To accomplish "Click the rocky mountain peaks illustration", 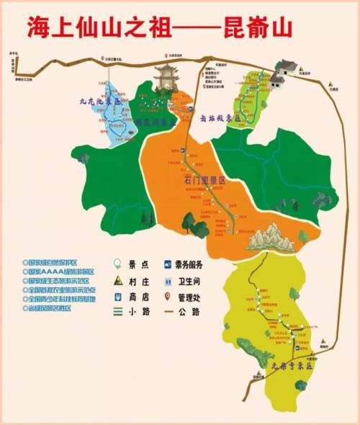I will [x=271, y=238].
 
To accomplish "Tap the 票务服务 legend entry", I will [x=186, y=264].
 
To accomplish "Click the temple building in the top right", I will [x=287, y=68].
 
